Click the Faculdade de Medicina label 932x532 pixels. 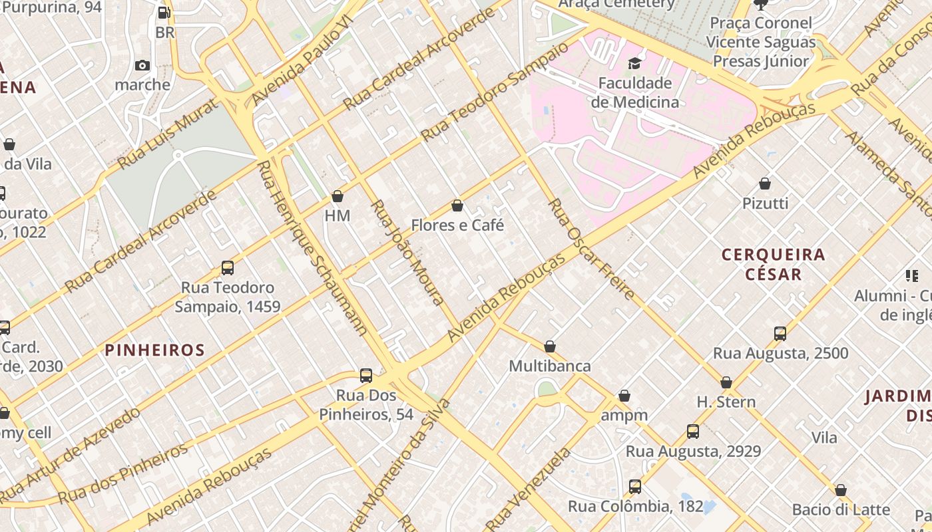[635, 92]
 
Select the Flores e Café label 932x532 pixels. [457, 225]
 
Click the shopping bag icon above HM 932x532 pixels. [338, 196]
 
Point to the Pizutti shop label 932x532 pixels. [765, 203]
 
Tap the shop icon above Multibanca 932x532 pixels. [550, 346]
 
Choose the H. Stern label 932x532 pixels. [726, 402]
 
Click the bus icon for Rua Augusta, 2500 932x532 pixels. [780, 333]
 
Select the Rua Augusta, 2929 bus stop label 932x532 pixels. [693, 452]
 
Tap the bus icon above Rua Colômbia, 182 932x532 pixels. [635, 486]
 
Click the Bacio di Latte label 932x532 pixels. [841, 510]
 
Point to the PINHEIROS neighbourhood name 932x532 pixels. [154, 350]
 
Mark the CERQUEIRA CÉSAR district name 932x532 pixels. [773, 264]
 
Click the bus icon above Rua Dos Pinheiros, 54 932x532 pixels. [366, 375]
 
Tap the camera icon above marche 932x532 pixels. [142, 65]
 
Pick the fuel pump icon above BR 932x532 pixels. [164, 13]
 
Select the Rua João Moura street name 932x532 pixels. [407, 252]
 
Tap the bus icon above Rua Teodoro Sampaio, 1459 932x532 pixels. [228, 268]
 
